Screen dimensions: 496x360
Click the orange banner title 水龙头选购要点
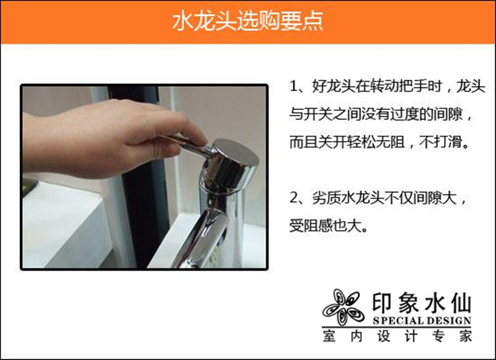pos(248,21)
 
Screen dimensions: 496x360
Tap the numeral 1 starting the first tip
pos(295,86)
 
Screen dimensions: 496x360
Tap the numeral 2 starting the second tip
pos(295,198)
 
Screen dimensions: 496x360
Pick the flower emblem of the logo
pos(343,307)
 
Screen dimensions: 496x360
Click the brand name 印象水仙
pos(422,303)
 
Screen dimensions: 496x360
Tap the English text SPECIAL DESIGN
pos(422,321)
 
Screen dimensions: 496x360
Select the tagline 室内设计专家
pos(398,336)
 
